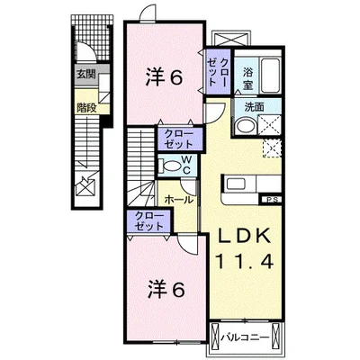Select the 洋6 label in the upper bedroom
click(164, 77)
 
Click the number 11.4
click(240, 261)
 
